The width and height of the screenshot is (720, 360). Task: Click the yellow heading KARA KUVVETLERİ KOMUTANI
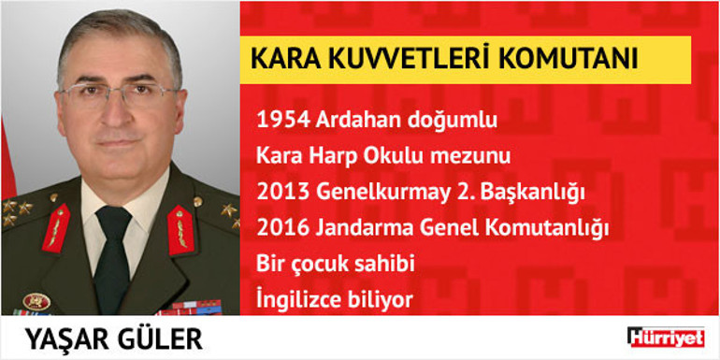point(444,58)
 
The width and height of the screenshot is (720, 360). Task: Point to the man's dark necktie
point(112,252)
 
